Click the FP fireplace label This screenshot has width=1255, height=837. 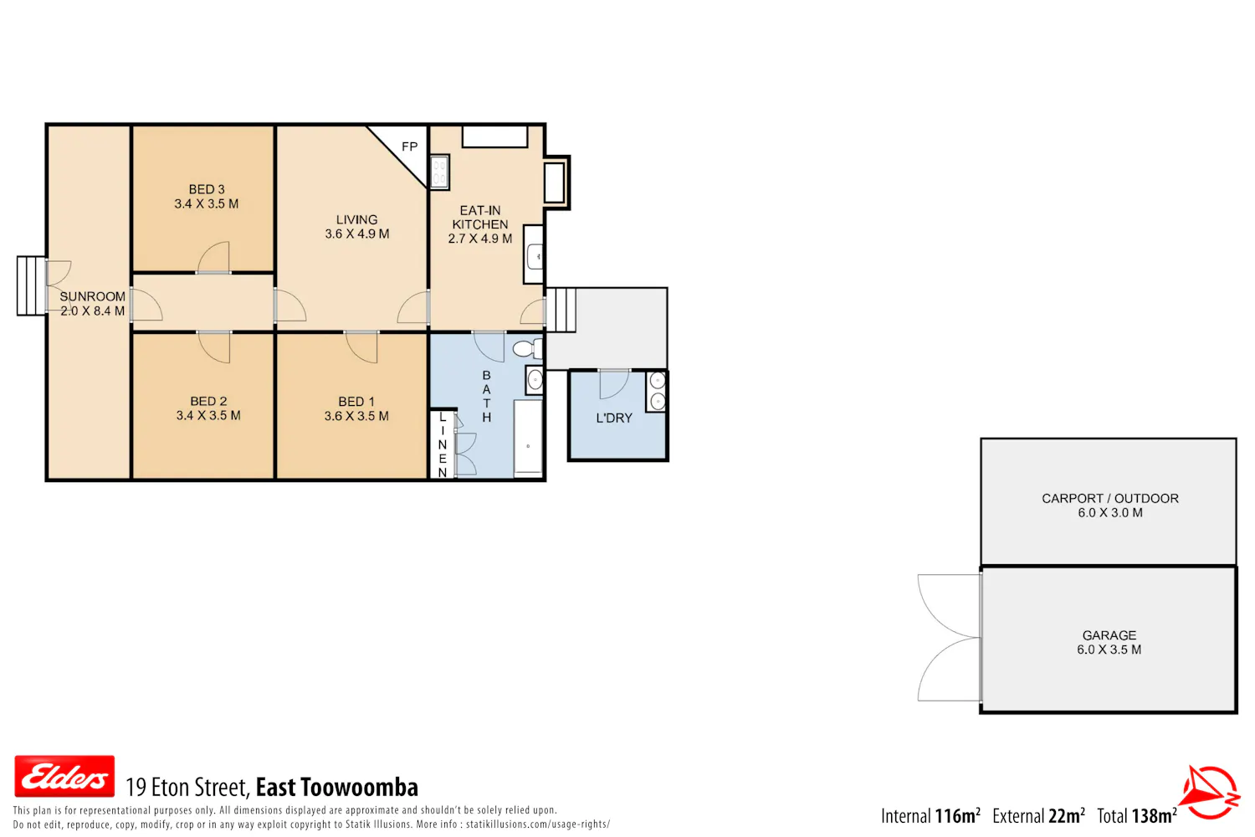pos(410,146)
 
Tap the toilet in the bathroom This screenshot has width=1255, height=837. pos(527,349)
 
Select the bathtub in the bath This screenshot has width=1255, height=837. pos(528,439)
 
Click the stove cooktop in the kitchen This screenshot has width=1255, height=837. pos(440,172)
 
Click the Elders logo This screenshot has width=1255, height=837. pos(64,777)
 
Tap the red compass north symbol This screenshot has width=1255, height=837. pos(1209,792)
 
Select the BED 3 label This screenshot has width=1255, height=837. pos(206,189)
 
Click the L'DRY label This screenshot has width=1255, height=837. pos(614,418)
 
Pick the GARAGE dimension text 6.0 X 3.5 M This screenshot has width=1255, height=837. pos(1109,650)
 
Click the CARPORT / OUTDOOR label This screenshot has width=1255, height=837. pos(1110,498)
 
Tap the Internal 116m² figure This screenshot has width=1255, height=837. pos(930,816)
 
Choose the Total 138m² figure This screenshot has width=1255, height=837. pos(1137,816)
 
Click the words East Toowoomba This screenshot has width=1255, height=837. pos(337,787)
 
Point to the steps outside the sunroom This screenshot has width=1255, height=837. pos(32,286)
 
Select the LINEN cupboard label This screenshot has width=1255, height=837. pos(443,444)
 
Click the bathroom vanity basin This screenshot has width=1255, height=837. pos(535,380)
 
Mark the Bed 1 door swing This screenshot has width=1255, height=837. pos(361,347)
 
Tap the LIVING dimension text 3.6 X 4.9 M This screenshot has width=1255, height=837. pos(357,234)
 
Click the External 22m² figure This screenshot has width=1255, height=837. pos(1039,816)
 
